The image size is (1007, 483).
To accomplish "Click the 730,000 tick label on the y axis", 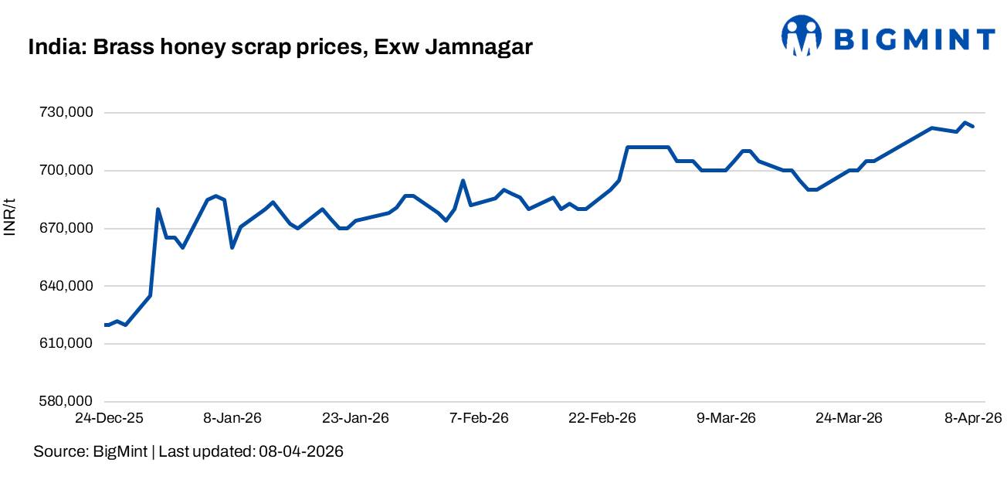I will point(64,113).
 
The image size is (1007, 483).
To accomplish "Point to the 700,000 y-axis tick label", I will point(64,171).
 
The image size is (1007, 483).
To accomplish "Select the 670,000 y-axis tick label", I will point(64,229).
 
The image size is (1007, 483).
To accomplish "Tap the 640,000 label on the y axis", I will point(64,286).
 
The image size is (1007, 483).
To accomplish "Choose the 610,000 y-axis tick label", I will point(64,344).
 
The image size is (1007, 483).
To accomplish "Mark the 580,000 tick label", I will point(64,402).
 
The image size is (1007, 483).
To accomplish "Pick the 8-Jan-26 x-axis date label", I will point(232,418).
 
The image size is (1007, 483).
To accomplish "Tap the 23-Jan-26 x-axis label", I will point(356,418).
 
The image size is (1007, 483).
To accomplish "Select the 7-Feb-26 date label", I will point(479,418).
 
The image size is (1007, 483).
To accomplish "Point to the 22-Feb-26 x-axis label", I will point(602,418).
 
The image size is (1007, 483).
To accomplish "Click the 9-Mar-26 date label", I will point(726,418).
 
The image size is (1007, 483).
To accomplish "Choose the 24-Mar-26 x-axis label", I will point(849,418).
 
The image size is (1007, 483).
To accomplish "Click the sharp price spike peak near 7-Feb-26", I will point(463,181).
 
